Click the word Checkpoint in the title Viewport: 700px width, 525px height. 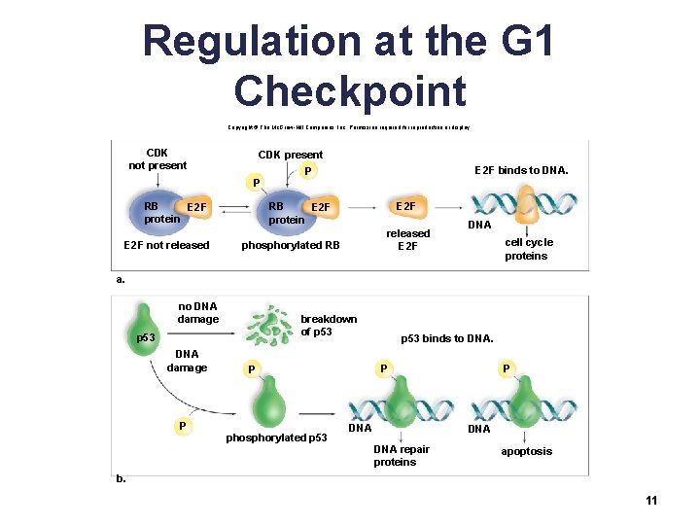point(350,90)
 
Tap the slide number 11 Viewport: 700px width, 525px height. point(651,501)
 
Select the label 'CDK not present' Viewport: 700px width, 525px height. point(157,159)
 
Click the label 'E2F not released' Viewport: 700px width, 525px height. point(166,245)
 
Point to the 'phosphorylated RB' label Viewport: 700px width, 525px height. point(291,245)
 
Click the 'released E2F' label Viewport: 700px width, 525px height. point(407,239)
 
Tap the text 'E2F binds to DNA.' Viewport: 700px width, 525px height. point(521,171)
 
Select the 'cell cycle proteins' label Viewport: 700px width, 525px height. point(528,249)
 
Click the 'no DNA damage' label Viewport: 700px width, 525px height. point(198,313)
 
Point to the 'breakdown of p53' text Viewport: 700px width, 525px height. point(329,325)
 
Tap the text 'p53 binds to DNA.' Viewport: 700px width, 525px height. point(447,339)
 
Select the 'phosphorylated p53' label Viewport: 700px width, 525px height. point(276,437)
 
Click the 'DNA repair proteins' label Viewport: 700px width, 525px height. point(402,455)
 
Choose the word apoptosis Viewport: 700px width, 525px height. point(526,451)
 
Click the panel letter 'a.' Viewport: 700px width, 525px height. point(121,278)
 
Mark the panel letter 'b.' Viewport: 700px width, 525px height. point(121,478)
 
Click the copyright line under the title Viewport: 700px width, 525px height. point(350,127)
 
